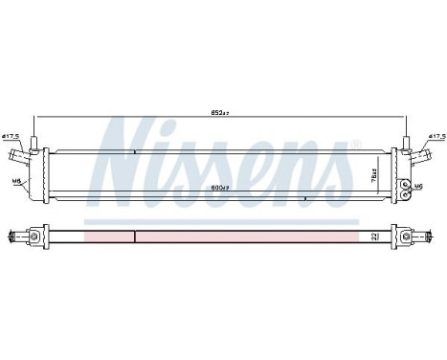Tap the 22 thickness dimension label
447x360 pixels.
click(374, 234)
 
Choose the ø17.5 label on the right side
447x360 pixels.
click(436, 137)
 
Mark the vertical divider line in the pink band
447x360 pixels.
click(135, 236)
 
